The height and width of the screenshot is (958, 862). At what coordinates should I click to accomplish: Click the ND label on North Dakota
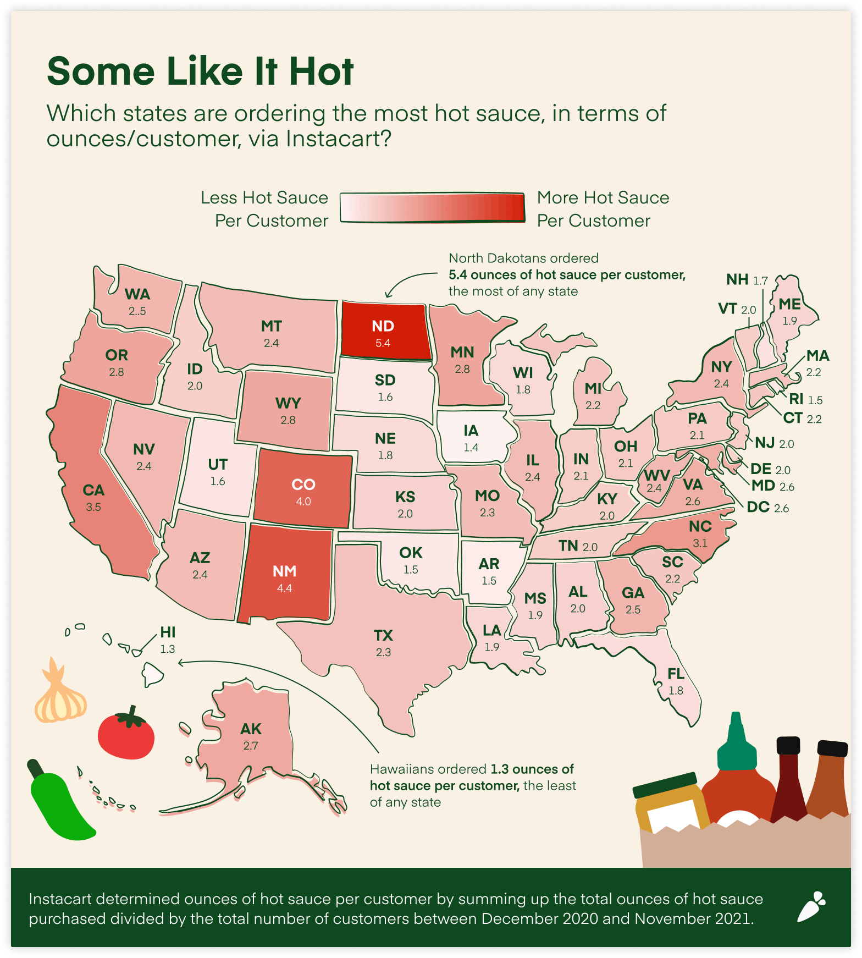click(383, 326)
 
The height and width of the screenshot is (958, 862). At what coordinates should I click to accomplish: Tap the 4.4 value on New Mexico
click(284, 588)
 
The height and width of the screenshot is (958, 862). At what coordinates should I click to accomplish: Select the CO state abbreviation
click(303, 484)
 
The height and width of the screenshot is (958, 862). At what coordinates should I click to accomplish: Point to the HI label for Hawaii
click(168, 632)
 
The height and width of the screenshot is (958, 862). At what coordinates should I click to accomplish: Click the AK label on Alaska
click(251, 729)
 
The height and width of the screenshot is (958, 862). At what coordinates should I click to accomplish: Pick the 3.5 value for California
click(93, 508)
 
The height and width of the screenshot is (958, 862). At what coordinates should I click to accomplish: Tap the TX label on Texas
click(383, 636)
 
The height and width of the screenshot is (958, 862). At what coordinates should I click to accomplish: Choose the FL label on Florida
click(676, 674)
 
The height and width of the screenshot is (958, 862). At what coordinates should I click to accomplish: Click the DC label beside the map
click(758, 507)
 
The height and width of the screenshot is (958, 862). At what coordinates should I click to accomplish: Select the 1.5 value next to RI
click(815, 400)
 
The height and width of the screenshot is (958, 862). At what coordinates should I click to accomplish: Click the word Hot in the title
click(321, 72)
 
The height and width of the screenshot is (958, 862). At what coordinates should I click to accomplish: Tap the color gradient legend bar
click(432, 208)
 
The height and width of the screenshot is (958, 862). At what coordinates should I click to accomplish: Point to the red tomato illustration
click(126, 734)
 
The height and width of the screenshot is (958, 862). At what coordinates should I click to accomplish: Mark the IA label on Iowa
click(471, 431)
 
